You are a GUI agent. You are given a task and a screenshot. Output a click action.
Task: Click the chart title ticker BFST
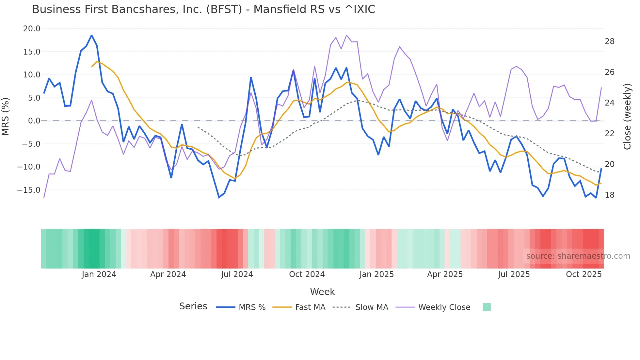coord(224,9)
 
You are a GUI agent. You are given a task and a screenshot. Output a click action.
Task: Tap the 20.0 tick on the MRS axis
coord(32,29)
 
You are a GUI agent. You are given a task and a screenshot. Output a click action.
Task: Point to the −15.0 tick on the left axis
coord(29,190)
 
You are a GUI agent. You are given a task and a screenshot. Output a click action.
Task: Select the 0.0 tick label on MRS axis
coord(34,121)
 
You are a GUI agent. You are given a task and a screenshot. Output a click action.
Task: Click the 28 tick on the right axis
coord(609,41)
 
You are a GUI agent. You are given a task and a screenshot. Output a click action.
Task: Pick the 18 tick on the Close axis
coord(609,195)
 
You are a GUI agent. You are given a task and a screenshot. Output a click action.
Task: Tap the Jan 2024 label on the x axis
coord(99,274)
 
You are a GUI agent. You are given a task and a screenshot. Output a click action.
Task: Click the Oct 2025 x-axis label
coord(584,274)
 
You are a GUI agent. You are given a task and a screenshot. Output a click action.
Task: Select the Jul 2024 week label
coord(237,274)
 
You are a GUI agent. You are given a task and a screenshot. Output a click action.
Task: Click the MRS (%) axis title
coord(6,117)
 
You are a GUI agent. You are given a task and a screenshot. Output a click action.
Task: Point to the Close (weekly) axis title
coord(627,117)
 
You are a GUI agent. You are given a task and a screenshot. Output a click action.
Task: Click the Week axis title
coord(322,292)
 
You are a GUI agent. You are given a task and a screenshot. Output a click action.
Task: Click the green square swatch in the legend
coord(487,307)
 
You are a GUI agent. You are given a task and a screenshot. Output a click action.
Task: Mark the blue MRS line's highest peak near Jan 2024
coord(92,35)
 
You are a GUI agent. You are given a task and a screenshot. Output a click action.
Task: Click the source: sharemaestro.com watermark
coord(578,256)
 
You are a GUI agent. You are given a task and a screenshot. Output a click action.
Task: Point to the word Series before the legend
coord(193,306)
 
